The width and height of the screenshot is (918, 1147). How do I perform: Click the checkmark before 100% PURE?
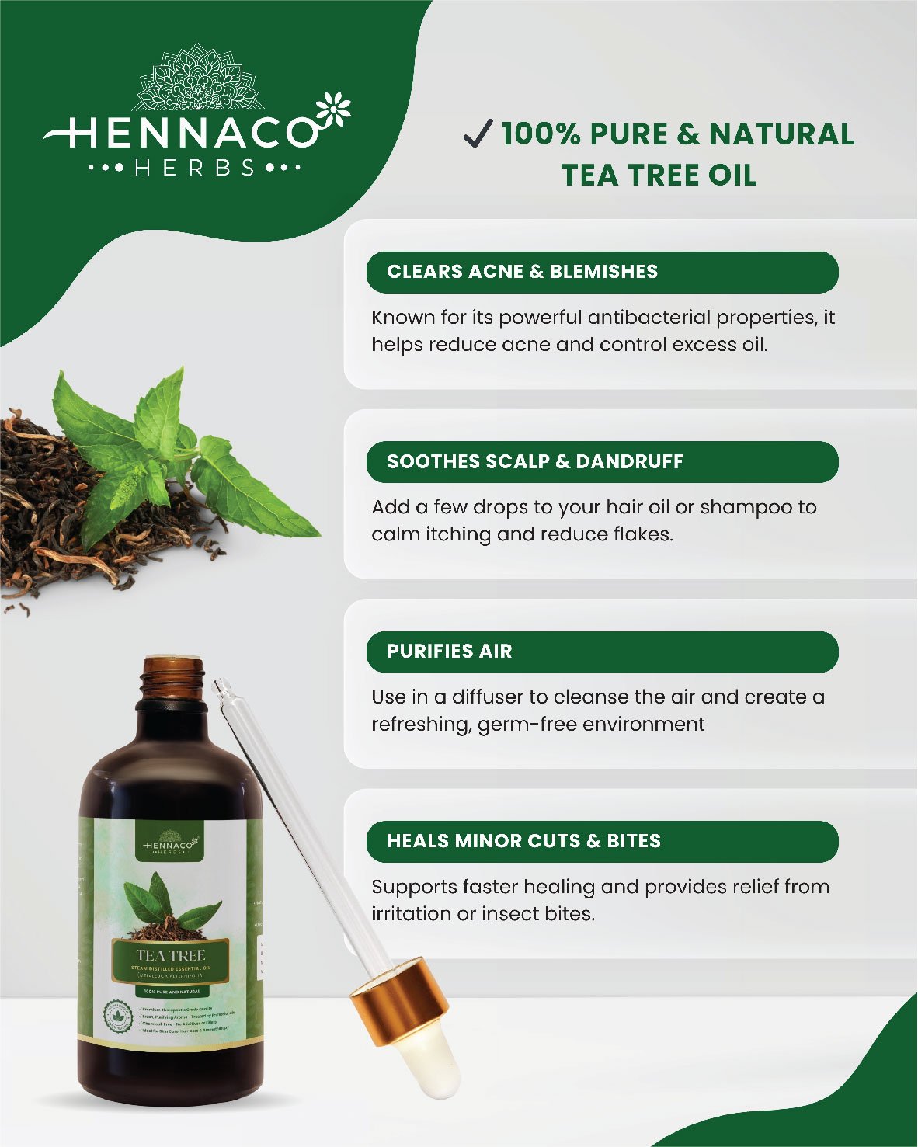tap(477, 134)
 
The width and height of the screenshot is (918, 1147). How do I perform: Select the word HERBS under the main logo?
tap(195, 168)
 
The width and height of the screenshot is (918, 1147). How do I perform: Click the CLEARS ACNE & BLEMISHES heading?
tap(522, 272)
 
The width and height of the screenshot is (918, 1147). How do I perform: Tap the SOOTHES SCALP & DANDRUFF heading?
tap(535, 461)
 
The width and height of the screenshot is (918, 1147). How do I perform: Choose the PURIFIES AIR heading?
tap(450, 651)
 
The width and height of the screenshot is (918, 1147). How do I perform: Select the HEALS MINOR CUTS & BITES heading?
tap(523, 841)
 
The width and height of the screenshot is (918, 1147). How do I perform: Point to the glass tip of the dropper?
tap(221, 687)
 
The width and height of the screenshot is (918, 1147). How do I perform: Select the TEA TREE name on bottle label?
tap(171, 955)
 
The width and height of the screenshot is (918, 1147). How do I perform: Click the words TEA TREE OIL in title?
tap(659, 176)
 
